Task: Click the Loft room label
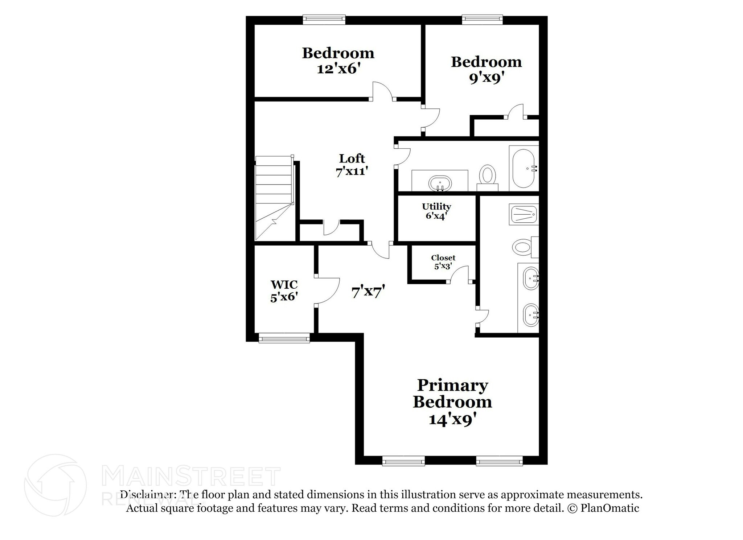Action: pos(352,158)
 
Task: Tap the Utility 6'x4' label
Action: pos(436,211)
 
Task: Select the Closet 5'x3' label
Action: pos(443,262)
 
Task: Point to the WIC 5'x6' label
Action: pos(284,290)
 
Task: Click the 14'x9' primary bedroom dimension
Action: pos(452,420)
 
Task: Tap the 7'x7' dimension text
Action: pos(368,291)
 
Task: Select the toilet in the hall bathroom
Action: pos(487,176)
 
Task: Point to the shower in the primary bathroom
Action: pos(524,214)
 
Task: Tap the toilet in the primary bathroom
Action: pos(523,247)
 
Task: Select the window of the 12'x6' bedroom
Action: pos(324,20)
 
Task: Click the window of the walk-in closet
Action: pos(284,338)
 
